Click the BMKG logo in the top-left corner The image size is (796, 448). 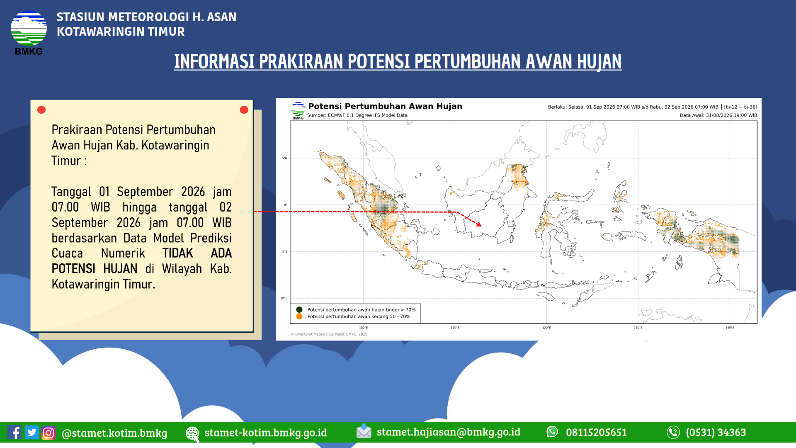[29, 32]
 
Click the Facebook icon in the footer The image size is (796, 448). [15, 433]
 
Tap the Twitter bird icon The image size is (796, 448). [32, 432]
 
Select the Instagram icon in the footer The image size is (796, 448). [49, 433]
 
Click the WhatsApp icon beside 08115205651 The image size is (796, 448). [552, 432]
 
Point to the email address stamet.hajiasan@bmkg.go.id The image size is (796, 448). [448, 432]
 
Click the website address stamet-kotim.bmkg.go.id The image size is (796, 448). [265, 433]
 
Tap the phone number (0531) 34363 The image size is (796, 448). [716, 432]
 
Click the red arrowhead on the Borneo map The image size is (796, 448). [479, 224]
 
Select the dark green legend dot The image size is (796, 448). [299, 309]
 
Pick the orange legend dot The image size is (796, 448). [299, 317]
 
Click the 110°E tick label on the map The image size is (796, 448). [455, 328]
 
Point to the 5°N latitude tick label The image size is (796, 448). [284, 158]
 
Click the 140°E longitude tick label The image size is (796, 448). [730, 328]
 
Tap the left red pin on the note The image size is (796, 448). [41, 110]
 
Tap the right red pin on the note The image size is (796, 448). [244, 110]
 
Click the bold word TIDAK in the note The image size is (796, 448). [177, 253]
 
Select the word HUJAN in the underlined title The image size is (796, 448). [599, 61]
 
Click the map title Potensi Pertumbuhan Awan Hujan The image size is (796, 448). [385, 106]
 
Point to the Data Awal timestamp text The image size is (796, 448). [718, 115]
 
